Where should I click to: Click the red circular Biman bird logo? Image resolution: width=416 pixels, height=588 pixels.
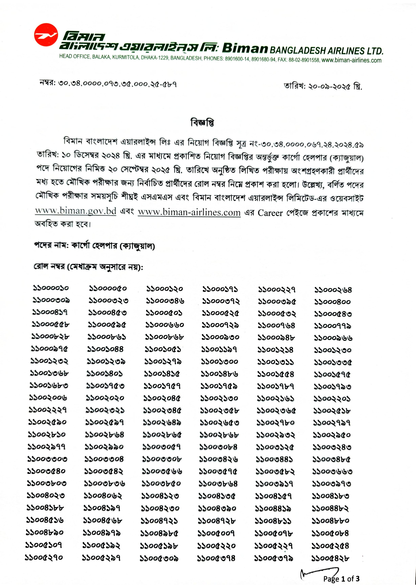[46, 35]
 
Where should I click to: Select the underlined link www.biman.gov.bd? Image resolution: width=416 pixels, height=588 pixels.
[76, 211]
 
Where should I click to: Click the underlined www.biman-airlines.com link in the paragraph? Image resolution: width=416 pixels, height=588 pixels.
[189, 213]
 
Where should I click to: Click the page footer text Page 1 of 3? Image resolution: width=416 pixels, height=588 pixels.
[341, 579]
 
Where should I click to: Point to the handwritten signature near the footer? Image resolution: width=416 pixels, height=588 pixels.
[318, 574]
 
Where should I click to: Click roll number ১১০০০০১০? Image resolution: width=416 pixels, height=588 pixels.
[51, 288]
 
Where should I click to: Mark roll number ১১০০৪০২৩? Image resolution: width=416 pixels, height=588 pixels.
[46, 495]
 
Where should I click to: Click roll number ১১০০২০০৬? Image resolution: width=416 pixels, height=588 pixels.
[48, 398]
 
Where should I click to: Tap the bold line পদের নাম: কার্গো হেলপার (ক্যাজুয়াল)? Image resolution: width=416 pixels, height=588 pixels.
[95, 246]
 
